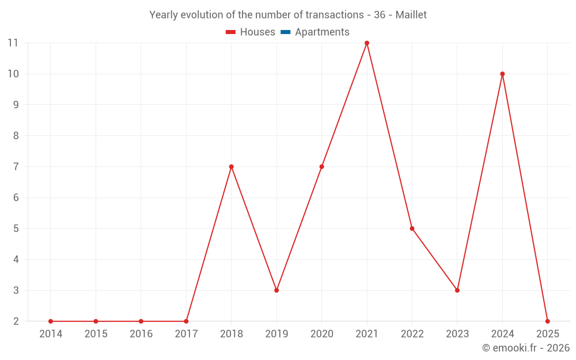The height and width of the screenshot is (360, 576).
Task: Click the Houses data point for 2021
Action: click(367, 43)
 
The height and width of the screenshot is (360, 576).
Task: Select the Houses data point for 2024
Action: click(502, 74)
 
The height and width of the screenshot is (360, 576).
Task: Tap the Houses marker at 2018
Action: click(232, 166)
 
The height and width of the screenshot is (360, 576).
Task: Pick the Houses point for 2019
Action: click(276, 290)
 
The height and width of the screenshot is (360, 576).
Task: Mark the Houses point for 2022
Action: click(412, 229)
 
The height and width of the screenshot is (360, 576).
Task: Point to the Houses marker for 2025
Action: click(547, 321)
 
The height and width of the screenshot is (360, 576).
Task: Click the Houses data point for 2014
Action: click(51, 321)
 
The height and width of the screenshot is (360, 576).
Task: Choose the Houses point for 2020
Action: click(321, 166)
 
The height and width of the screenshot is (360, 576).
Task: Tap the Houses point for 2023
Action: click(457, 290)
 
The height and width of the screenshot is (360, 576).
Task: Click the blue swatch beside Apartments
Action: click(285, 32)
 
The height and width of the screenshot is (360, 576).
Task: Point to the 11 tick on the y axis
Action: click(13, 43)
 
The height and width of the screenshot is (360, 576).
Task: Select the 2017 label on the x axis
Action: click(186, 334)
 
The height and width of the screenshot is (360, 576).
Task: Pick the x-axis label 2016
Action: click(141, 334)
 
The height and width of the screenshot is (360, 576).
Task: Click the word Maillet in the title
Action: click(411, 15)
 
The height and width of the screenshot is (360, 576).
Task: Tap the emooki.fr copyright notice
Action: click(525, 348)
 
